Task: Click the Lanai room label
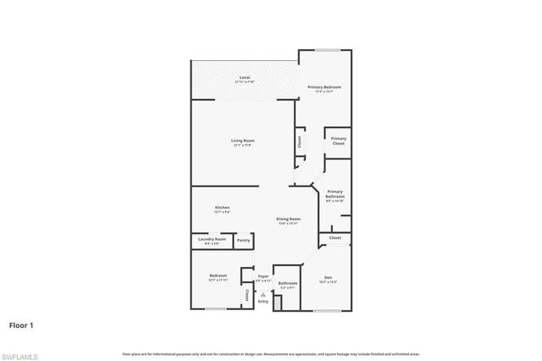(244, 77)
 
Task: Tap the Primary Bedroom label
(324, 87)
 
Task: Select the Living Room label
(243, 141)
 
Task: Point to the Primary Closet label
(339, 141)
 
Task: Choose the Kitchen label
(222, 208)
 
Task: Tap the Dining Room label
(289, 219)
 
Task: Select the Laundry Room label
(212, 240)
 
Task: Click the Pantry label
(244, 241)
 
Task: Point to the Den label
(327, 277)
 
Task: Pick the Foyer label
(263, 276)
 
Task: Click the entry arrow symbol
(263, 294)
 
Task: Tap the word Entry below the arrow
(263, 302)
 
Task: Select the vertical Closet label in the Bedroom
(246, 296)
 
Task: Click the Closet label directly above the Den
(335, 238)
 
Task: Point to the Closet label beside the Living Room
(299, 141)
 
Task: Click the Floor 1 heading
(21, 324)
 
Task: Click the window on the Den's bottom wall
(327, 310)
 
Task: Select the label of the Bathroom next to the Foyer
(288, 284)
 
